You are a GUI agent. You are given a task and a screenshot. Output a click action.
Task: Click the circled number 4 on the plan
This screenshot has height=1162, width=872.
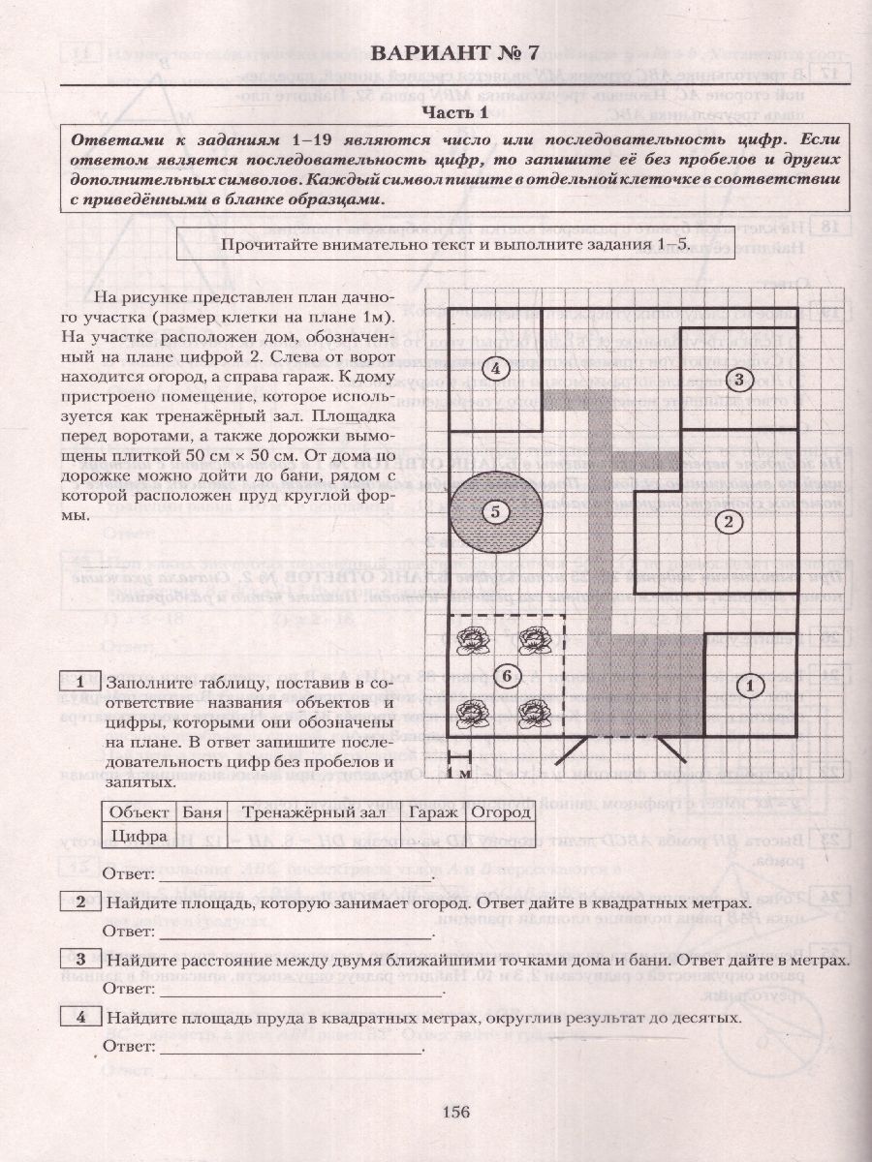[x=495, y=368]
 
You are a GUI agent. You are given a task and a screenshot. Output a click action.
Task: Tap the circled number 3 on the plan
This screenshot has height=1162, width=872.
[x=738, y=379]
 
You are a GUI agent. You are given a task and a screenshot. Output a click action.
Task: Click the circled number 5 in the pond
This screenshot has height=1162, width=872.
[x=495, y=513]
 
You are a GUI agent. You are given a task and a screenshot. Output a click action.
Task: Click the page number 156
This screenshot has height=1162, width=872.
[x=455, y=1112]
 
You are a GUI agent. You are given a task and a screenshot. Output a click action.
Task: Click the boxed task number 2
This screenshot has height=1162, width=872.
[x=79, y=902]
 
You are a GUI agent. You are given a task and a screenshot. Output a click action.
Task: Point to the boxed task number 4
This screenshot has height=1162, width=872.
[x=79, y=1016]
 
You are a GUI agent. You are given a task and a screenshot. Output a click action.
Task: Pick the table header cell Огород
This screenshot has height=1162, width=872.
[x=501, y=811]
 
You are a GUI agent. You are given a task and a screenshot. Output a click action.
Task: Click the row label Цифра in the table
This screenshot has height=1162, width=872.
[x=140, y=834]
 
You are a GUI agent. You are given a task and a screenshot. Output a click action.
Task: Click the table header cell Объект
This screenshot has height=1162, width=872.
[x=140, y=811]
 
